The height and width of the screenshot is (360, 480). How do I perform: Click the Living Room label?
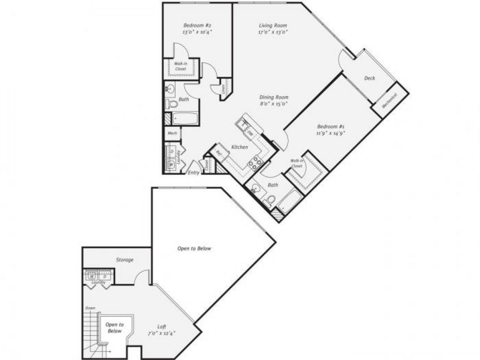coord(273,26)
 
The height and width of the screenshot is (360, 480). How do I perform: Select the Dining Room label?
coord(274,97)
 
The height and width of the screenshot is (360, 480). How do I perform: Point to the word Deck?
coord(370,78)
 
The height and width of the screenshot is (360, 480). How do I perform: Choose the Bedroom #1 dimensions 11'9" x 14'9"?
coord(330,134)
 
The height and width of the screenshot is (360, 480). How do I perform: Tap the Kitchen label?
coord(240,147)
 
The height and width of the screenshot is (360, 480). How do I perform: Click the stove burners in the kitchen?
coord(255,162)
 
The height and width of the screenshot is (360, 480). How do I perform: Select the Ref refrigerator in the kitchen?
coord(219,152)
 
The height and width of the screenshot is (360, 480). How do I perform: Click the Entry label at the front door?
coord(194,173)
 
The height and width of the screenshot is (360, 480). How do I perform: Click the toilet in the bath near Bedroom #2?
coord(172,104)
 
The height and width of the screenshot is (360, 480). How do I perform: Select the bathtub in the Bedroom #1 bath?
coord(289,201)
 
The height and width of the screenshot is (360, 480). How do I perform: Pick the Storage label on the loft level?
coord(125,260)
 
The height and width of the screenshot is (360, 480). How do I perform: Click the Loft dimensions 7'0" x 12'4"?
coord(161,333)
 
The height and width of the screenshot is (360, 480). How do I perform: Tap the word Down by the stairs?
coord(90,308)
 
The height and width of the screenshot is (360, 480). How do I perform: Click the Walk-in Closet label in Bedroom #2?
coord(180,66)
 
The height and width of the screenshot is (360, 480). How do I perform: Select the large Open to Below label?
coord(194,248)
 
